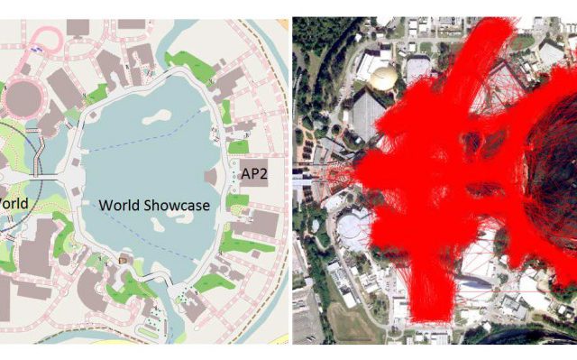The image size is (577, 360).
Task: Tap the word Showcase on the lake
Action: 179,206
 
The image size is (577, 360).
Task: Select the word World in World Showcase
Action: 117,206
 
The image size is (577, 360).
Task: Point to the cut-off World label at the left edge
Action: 13,203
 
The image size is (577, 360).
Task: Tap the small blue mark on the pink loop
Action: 35,50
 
